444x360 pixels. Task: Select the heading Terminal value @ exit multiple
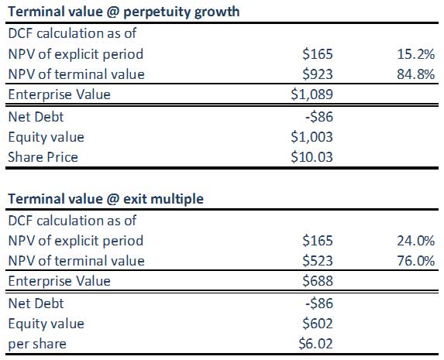105,199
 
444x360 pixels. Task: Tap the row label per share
37,345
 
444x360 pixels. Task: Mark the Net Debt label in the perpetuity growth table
36,117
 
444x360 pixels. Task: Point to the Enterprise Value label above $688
59,281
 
